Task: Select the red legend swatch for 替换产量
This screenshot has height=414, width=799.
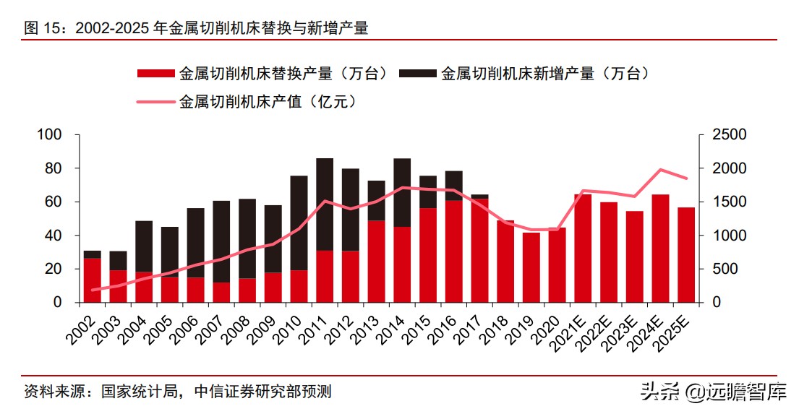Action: (x=155, y=73)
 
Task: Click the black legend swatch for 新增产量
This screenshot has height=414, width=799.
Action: (x=416, y=73)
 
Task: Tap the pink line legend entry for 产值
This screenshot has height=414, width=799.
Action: (x=155, y=102)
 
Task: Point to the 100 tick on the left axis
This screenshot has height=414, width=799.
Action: (x=54, y=135)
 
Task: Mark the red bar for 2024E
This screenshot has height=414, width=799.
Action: (x=660, y=248)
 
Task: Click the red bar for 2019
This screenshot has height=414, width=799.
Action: (x=531, y=267)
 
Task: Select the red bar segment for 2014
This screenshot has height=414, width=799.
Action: (x=402, y=264)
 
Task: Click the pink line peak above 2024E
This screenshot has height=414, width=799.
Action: (x=660, y=170)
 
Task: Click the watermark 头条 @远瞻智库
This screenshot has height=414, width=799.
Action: (x=712, y=392)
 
